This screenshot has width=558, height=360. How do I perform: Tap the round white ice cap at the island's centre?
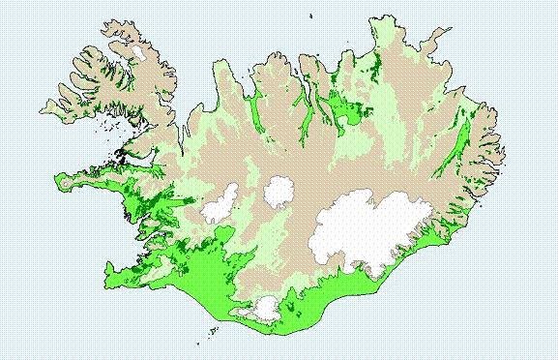[280, 191]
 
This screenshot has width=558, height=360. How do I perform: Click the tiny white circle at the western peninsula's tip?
[65, 180]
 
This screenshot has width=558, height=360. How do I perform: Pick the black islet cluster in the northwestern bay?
[121, 153]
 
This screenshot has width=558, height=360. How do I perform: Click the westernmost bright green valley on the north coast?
[257, 111]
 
